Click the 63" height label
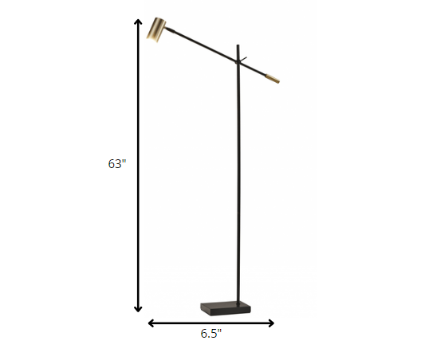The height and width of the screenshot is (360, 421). tap(117, 163)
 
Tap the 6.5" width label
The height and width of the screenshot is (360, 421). tap(211, 335)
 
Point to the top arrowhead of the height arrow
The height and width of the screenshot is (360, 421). tap(139, 20)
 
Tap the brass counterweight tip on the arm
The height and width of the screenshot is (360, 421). tap(272, 79)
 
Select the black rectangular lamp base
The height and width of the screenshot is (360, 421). tap(222, 307)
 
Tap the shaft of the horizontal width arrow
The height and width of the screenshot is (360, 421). tap(211, 323)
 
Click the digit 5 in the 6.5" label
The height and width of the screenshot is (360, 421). tap(214, 335)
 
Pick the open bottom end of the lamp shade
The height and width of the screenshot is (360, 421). tap(159, 42)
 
